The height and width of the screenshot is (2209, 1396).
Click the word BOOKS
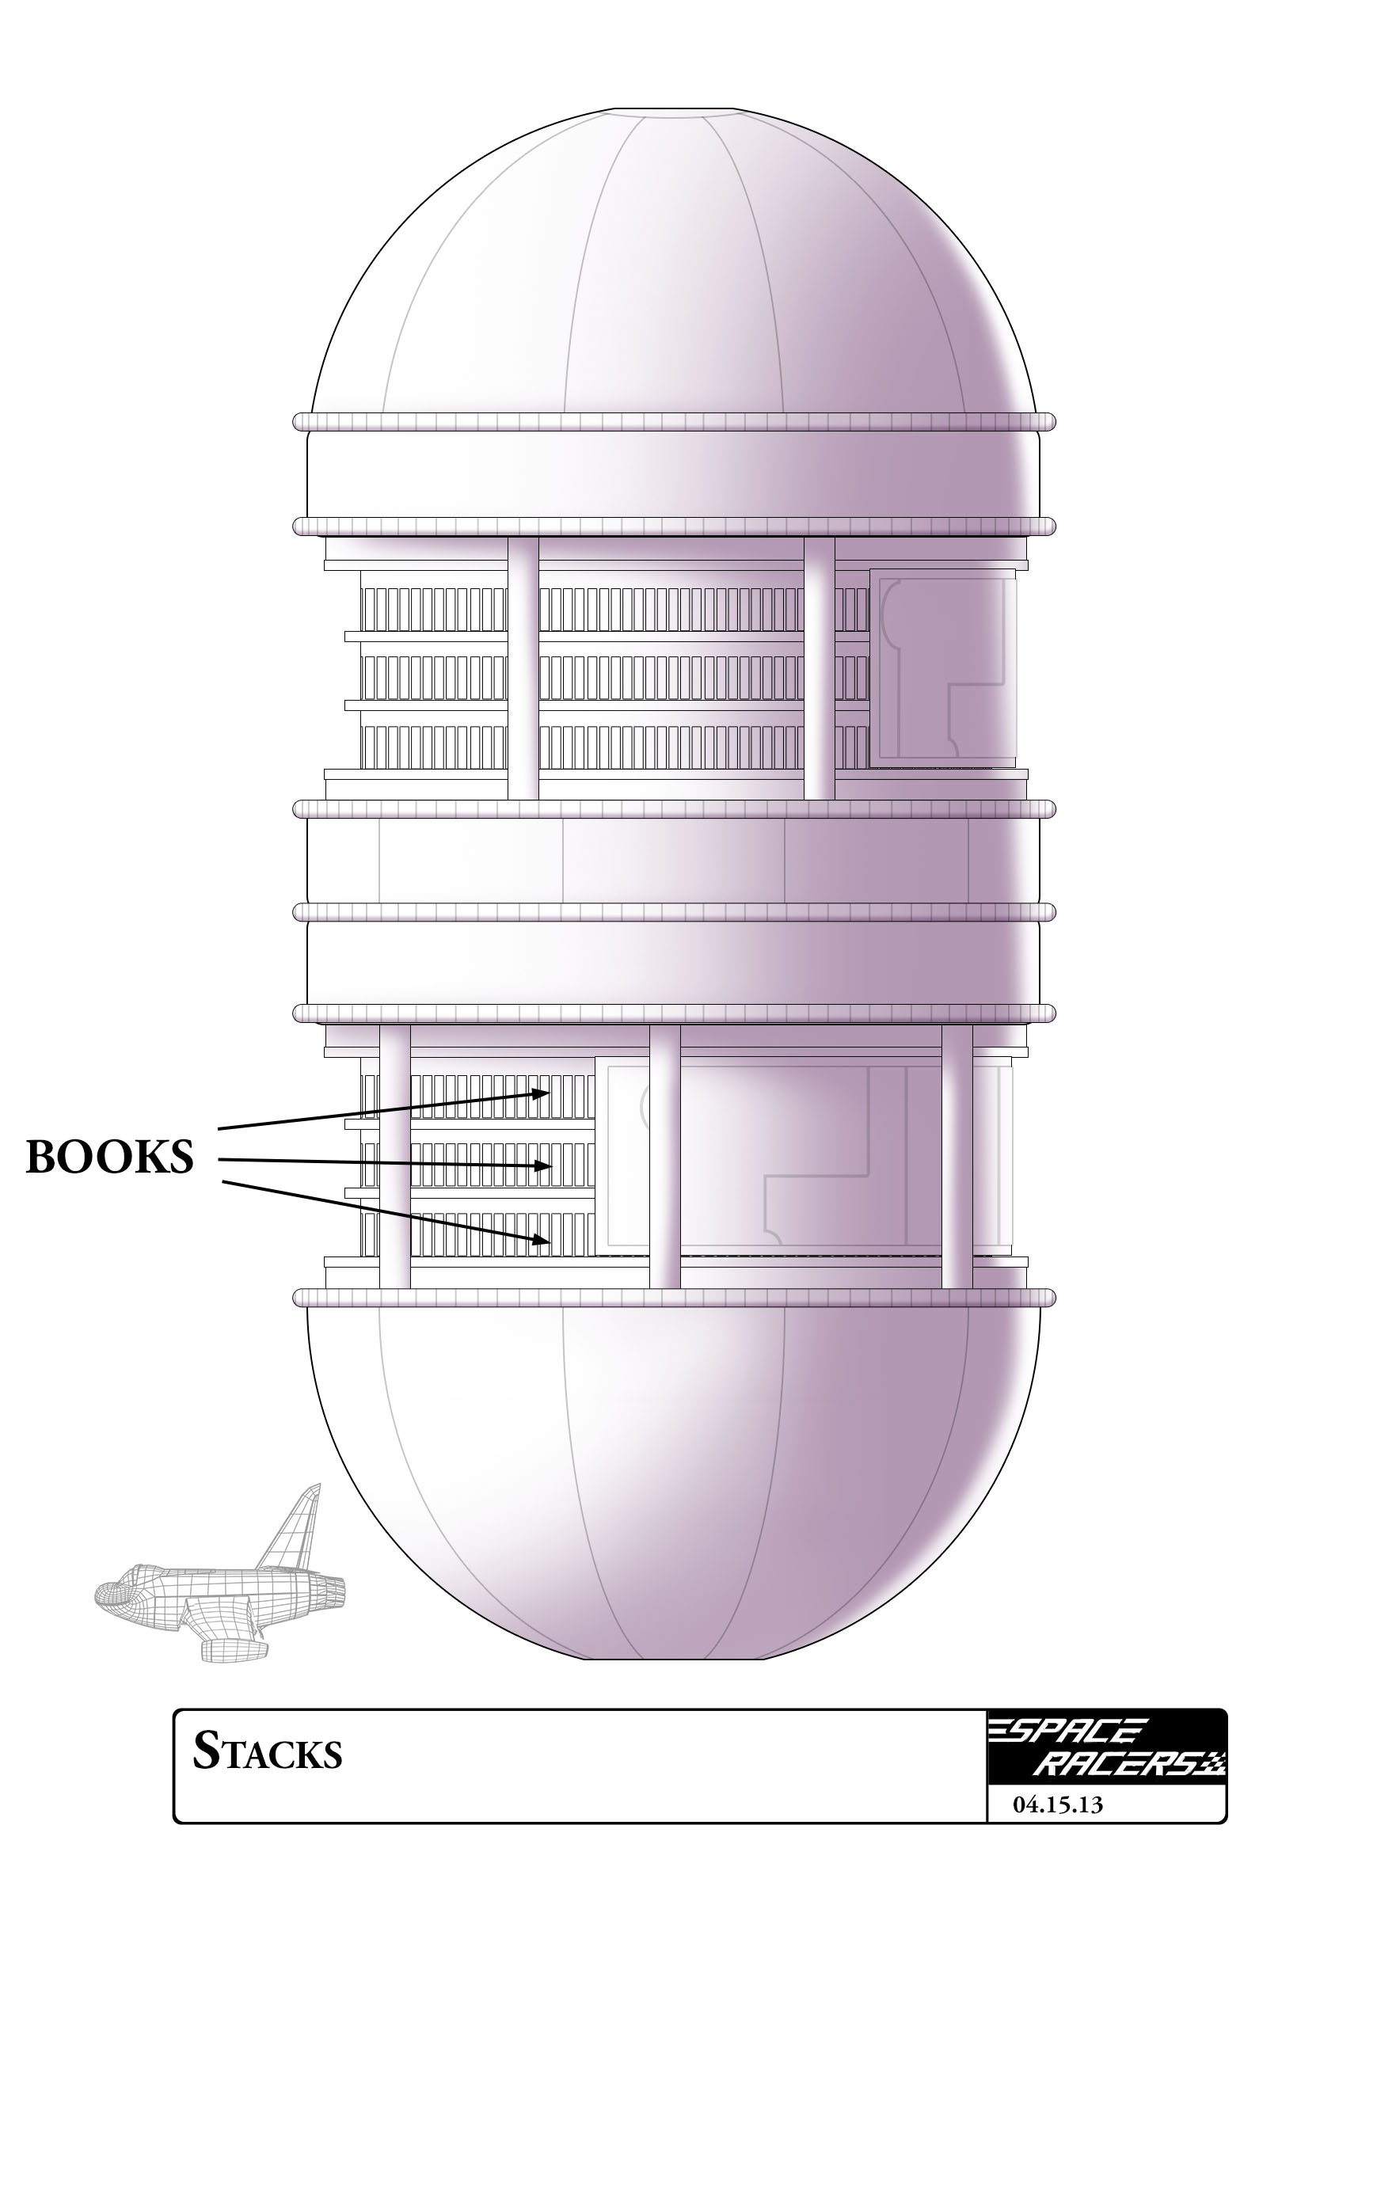pos(109,1157)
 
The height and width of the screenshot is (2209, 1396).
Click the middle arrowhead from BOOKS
pos(544,1166)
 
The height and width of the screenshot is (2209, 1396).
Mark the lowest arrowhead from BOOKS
pos(543,1241)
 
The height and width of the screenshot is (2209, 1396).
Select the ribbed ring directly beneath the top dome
pos(674,422)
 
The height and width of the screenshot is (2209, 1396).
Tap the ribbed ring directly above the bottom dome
pos(674,1297)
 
